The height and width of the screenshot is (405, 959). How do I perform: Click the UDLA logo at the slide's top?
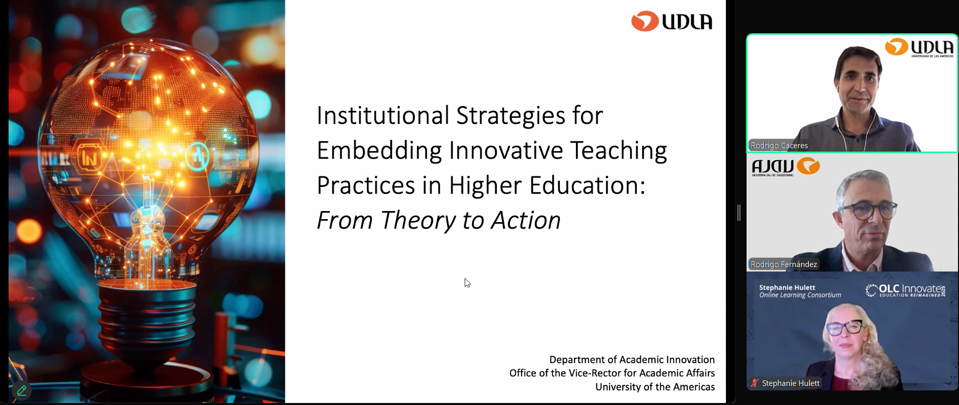[x=672, y=21]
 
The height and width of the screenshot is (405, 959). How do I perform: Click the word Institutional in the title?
[x=383, y=115]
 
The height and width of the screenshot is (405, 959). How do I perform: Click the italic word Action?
[x=526, y=221]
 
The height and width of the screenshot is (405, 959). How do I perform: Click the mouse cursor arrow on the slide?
[x=467, y=283]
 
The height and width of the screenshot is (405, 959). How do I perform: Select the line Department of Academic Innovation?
[x=632, y=360]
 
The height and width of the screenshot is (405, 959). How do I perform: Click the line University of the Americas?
[x=655, y=387]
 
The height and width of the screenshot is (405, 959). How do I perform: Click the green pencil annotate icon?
[x=21, y=390]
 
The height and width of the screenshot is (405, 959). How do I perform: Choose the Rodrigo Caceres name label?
[x=779, y=145]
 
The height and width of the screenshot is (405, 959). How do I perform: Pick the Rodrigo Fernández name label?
[x=784, y=264]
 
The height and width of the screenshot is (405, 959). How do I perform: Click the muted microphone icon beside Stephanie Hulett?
[x=754, y=383]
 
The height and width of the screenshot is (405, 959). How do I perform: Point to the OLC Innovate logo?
[x=905, y=291]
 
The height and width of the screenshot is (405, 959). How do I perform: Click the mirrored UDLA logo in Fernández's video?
[x=786, y=167]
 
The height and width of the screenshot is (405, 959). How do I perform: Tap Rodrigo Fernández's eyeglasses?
[x=867, y=210]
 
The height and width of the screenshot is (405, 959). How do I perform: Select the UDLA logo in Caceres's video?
[x=919, y=48]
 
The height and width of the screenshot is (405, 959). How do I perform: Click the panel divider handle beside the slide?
[x=739, y=213]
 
